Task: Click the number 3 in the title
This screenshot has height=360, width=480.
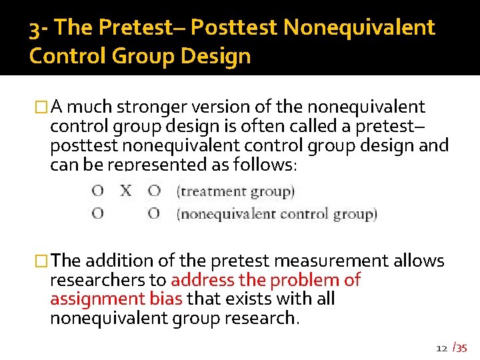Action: click(35, 28)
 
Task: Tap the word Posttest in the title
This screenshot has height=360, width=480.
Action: click(233, 28)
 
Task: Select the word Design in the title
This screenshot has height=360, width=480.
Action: click(215, 55)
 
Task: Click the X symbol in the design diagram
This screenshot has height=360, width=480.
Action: click(125, 191)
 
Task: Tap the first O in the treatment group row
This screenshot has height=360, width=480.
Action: click(97, 191)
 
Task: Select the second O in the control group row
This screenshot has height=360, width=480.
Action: click(154, 214)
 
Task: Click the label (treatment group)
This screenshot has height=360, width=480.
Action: click(235, 192)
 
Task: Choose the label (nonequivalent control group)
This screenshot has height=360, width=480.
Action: click(277, 215)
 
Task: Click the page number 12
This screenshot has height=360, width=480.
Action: click(441, 348)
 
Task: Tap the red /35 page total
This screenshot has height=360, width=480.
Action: click(460, 347)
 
